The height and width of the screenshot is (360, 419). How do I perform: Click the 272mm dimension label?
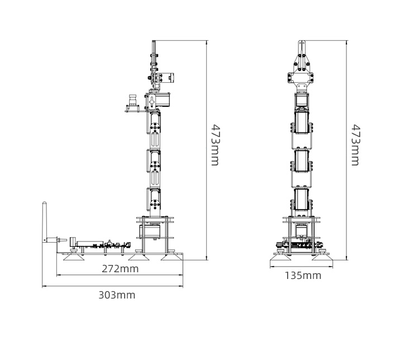(x=120, y=268)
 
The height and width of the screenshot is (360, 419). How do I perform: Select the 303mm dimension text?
(x=117, y=295)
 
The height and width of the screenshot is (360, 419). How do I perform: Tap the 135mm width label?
(x=303, y=276)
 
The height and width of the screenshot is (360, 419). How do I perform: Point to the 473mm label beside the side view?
(x=215, y=145)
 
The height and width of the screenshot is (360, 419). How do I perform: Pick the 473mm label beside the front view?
(x=356, y=145)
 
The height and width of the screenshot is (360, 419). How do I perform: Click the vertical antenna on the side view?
(x=44, y=222)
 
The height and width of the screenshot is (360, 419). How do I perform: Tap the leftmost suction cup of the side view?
(x=74, y=257)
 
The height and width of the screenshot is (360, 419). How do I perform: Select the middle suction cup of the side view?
(x=138, y=257)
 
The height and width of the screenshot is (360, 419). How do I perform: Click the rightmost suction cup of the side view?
(x=172, y=257)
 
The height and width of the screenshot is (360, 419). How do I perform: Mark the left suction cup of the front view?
(x=280, y=257)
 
